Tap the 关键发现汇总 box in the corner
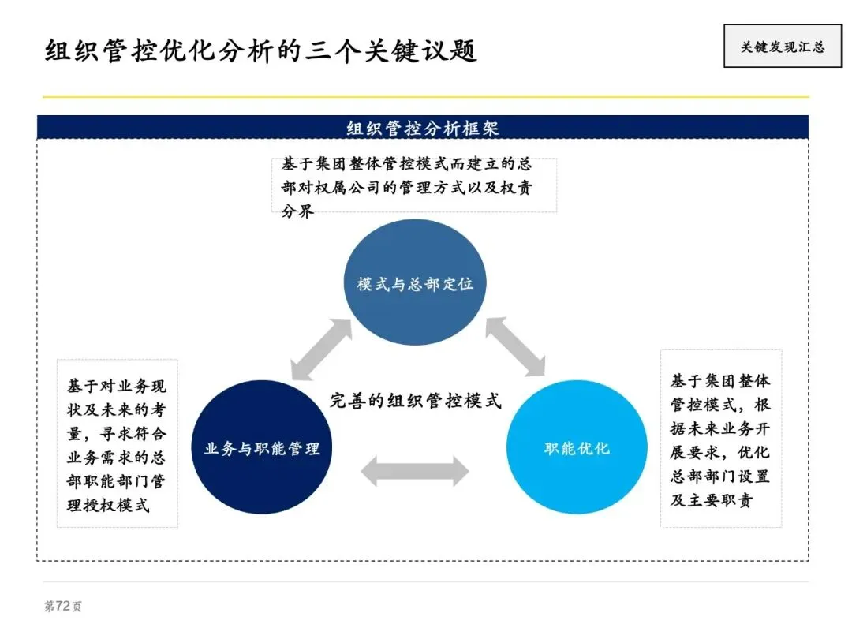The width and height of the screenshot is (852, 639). tap(782, 47)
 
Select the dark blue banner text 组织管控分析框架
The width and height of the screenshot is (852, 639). tap(423, 128)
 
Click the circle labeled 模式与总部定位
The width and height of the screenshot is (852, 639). tap(415, 283)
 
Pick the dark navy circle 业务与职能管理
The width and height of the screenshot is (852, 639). tap(262, 448)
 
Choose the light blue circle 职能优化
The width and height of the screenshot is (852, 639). tap(577, 448)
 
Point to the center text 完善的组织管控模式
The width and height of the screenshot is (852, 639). tap(415, 400)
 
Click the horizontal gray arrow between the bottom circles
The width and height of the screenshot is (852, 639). tap(415, 472)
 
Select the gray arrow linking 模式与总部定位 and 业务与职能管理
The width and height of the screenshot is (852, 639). tap(321, 349)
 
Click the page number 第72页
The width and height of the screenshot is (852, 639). tap(62, 606)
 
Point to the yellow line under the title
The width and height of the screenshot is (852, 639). tap(426, 97)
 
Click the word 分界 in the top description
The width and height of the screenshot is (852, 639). tap(298, 211)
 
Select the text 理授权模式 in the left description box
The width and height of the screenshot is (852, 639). tap(108, 505)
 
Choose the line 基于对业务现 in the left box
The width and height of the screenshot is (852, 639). tap(117, 387)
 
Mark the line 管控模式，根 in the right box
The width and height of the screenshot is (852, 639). tap(720, 405)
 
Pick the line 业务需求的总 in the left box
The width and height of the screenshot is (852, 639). tap(117, 458)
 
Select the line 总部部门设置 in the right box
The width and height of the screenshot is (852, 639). tap(720, 476)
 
